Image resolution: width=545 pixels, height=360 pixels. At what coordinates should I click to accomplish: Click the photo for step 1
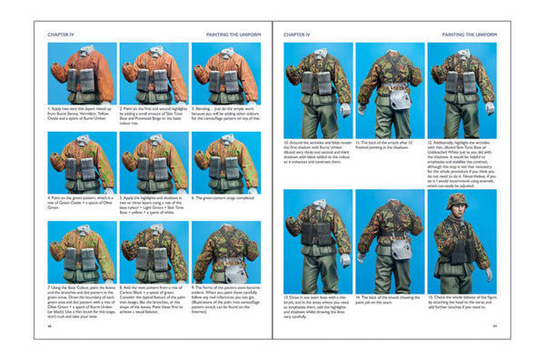(80, 72)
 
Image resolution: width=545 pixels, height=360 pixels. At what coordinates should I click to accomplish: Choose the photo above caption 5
(154, 163)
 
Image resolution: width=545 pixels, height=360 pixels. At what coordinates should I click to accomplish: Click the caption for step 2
(154, 113)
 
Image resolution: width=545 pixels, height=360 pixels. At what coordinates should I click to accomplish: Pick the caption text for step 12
(461, 158)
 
